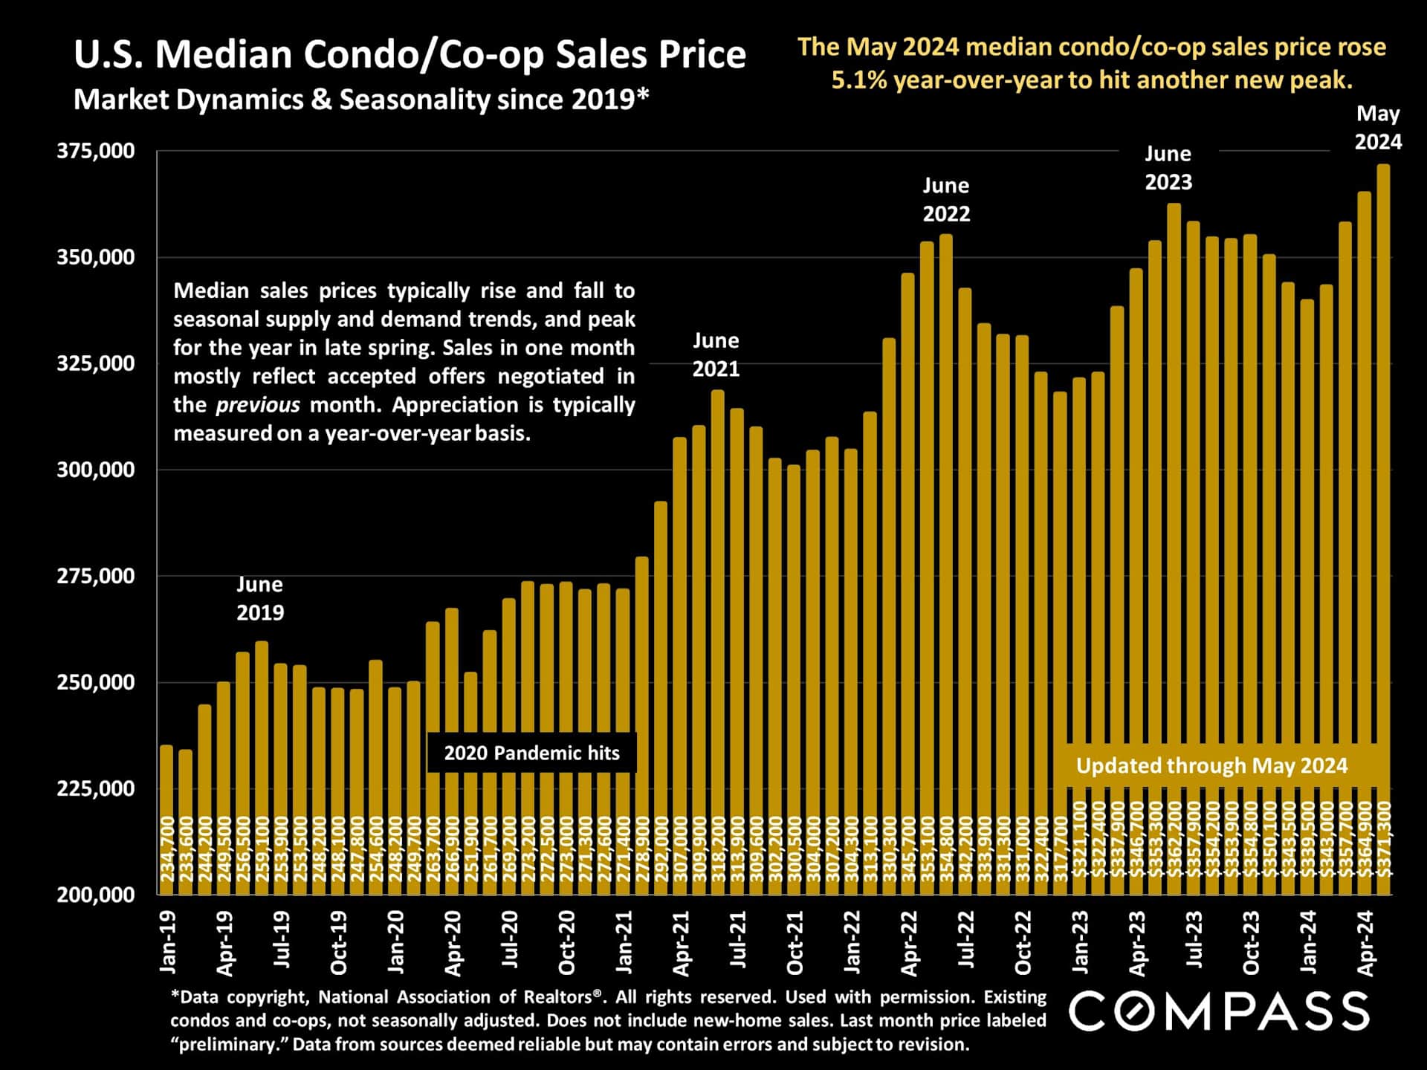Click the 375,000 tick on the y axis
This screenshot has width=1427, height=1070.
(96, 151)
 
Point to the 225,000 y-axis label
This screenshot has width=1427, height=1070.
(96, 788)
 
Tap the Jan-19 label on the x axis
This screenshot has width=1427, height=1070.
(168, 942)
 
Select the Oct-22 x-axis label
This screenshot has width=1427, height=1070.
(1023, 942)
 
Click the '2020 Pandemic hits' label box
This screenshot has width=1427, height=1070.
(531, 753)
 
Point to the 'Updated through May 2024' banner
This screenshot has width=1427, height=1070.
(1211, 765)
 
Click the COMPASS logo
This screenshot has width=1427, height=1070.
(1219, 1011)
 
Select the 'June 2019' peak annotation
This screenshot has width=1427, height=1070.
(259, 598)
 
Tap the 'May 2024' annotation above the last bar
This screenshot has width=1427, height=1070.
(1378, 128)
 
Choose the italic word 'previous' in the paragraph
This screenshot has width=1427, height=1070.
(257, 405)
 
